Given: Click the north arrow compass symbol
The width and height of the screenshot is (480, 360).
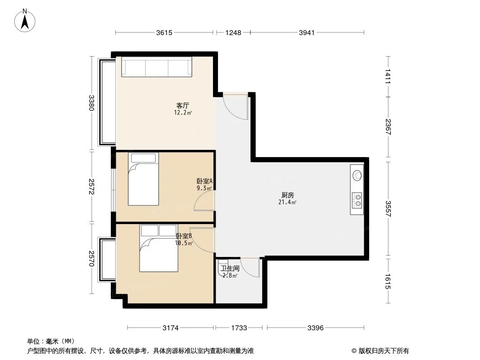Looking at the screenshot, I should (26, 20).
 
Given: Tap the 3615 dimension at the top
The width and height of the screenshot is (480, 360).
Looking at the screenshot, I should (164, 32).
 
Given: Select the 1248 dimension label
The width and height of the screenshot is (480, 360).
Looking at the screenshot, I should (233, 32).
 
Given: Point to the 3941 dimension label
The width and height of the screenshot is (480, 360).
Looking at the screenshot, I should (307, 32).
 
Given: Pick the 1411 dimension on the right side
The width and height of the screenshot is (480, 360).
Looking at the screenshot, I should (388, 76).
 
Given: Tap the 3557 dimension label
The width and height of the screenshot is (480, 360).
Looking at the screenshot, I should (388, 208).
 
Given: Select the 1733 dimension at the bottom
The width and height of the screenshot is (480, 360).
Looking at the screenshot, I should (239, 328).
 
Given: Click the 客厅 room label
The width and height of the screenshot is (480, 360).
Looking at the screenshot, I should (182, 105).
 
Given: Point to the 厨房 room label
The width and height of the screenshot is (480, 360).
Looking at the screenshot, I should (288, 195).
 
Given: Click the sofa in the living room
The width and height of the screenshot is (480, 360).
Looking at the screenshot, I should (157, 68).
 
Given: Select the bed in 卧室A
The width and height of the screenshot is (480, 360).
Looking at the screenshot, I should (143, 179).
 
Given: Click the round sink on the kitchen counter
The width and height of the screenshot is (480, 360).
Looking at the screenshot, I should (357, 175).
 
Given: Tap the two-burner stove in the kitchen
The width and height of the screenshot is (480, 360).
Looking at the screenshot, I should (358, 200).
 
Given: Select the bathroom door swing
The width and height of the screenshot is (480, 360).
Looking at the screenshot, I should (250, 268).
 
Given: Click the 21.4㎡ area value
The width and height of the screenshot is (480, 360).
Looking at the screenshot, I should (287, 202).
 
